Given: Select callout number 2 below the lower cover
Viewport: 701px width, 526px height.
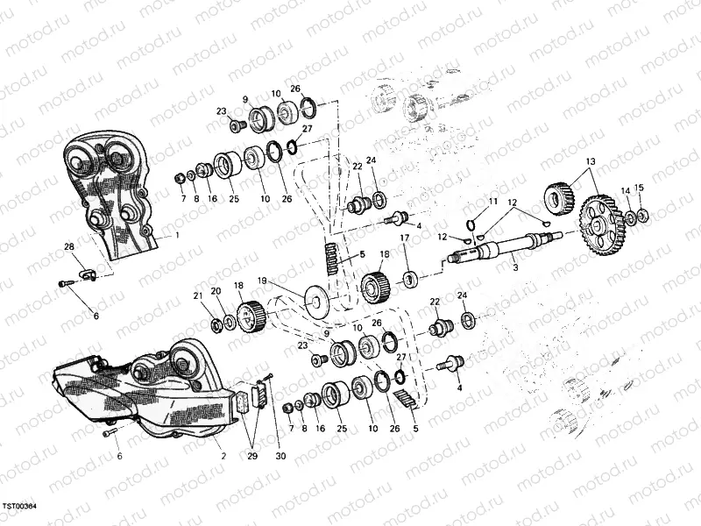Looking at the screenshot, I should point(223,456).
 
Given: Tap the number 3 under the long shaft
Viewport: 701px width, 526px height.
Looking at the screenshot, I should point(515,267).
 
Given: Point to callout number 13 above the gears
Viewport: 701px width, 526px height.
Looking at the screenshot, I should point(590,161).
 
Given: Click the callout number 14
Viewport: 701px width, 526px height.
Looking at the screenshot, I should point(626,191).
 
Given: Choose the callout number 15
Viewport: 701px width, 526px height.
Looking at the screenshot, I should point(640,188).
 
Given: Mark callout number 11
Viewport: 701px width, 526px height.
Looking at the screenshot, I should point(493,202).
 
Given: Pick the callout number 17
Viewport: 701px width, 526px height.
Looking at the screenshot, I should point(405,238).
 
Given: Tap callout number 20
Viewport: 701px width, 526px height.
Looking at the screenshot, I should point(216,290).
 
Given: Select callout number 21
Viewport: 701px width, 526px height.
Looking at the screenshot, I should point(198,295).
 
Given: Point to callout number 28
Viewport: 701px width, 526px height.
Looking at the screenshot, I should point(68,248).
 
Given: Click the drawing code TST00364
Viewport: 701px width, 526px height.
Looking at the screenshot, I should point(25,507).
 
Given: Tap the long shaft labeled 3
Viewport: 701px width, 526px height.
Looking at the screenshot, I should point(508,247).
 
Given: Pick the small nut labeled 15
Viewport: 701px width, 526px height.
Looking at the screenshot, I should point(642,215).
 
